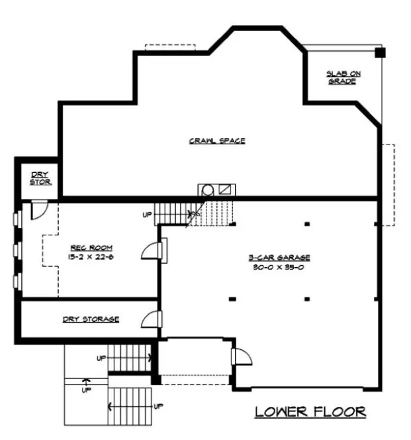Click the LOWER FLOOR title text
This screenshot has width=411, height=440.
click(x=310, y=412)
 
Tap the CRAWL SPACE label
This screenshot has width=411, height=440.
click(x=217, y=140)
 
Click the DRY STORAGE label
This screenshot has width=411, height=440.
click(x=91, y=319)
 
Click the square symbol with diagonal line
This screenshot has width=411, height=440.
click(x=226, y=189)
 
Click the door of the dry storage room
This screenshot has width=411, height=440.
click(x=151, y=319)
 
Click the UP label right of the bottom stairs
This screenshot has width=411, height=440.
click(x=158, y=405)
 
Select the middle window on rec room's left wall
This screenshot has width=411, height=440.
click(x=16, y=250)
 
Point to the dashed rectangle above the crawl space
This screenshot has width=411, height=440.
click(x=170, y=48)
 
